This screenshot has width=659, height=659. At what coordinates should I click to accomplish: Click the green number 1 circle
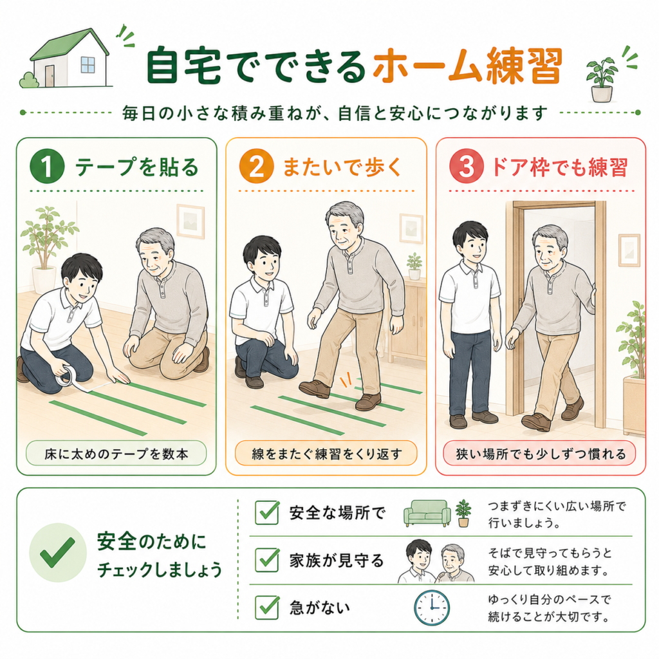pyautogui.click(x=47, y=166)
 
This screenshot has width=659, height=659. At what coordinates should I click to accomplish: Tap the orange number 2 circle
pyautogui.click(x=256, y=166)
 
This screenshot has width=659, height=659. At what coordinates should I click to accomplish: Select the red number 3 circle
pyautogui.click(x=467, y=166)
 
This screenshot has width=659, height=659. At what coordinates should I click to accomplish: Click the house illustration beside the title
pyautogui.click(x=67, y=58)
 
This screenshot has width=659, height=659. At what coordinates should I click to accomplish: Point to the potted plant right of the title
pyautogui.click(x=602, y=80)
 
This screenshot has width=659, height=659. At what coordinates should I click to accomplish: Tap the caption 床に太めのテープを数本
pyautogui.click(x=116, y=454)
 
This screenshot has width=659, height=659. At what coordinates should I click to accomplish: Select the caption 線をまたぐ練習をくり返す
pyautogui.click(x=326, y=454)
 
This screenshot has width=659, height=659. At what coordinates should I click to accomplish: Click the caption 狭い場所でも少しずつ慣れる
pyautogui.click(x=541, y=454)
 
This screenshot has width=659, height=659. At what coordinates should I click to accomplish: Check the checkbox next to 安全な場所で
pyautogui.click(x=267, y=512)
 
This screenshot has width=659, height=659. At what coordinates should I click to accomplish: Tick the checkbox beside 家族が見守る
pyautogui.click(x=267, y=560)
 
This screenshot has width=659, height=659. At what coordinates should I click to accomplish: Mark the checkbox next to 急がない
pyautogui.click(x=267, y=608)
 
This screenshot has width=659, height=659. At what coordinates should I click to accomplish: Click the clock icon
pyautogui.click(x=432, y=608)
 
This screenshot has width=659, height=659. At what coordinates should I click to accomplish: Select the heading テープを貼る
pyautogui.click(x=136, y=167)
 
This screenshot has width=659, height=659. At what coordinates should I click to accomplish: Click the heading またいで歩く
pyautogui.click(x=342, y=167)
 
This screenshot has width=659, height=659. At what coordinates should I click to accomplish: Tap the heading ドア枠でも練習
pyautogui.click(x=560, y=167)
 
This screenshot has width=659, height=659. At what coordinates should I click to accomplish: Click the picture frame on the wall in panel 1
pyautogui.click(x=190, y=221)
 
